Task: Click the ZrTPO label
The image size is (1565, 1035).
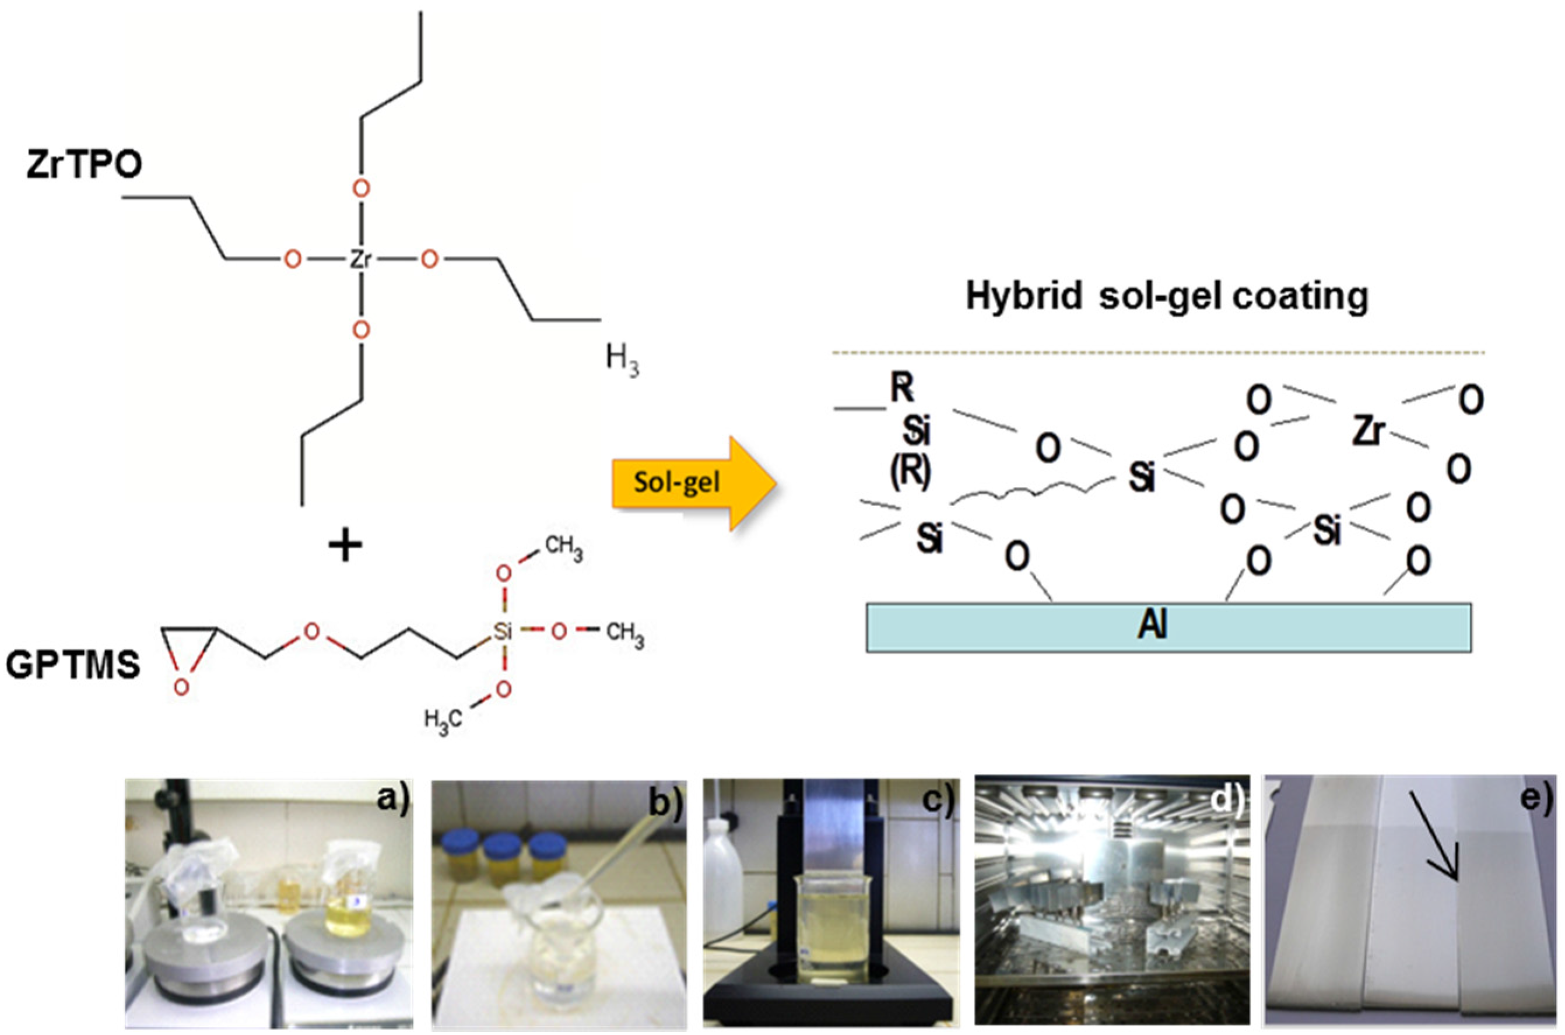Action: pos(84,165)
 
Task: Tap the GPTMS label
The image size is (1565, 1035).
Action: pos(73,665)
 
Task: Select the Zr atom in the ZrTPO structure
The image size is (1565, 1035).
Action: pos(360,259)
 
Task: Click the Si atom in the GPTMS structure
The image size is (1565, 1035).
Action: pos(503,631)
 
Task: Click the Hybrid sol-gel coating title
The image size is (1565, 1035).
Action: pos(1166,296)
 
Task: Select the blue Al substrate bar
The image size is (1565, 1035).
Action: pos(1169,627)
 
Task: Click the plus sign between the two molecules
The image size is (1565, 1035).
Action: pos(346,546)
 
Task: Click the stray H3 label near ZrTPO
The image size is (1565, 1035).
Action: pos(622,361)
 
